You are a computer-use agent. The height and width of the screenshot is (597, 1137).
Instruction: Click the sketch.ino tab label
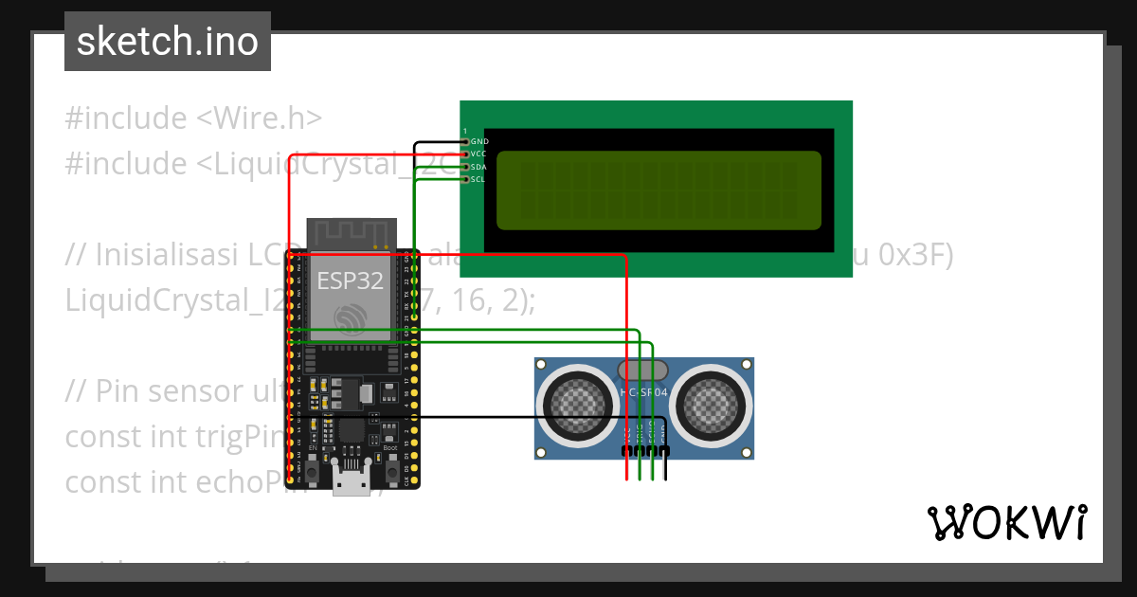click(x=167, y=42)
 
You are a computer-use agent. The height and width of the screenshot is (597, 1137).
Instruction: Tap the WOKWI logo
click(x=1006, y=522)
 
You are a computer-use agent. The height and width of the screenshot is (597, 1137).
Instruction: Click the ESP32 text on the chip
click(x=350, y=281)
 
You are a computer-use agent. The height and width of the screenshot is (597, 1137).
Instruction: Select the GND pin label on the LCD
click(x=479, y=141)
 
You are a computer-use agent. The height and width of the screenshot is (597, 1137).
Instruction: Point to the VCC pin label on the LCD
click(x=479, y=154)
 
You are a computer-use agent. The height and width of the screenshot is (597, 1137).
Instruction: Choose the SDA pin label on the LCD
click(x=479, y=167)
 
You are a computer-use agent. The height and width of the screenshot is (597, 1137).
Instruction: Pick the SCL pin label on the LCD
click(x=479, y=179)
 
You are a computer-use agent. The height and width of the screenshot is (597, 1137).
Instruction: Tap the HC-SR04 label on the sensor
click(x=643, y=391)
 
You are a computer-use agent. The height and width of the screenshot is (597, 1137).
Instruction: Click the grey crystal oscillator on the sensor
click(x=642, y=370)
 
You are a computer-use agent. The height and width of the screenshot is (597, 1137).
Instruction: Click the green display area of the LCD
click(x=659, y=190)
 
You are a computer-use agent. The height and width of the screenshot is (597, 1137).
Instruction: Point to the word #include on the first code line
click(x=126, y=118)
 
